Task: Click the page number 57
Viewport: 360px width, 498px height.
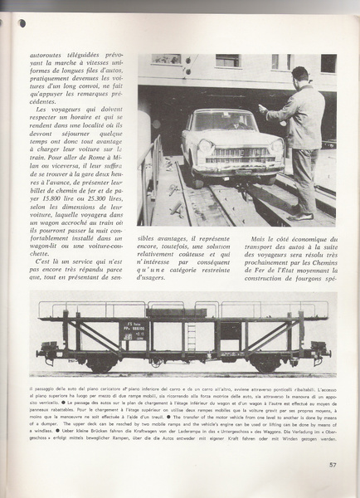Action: coord(332,488)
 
